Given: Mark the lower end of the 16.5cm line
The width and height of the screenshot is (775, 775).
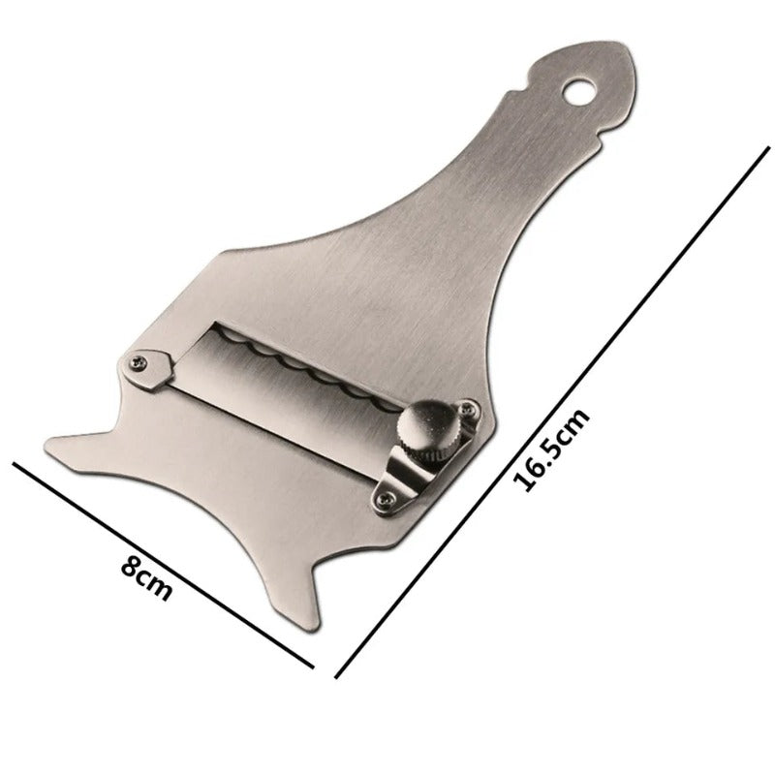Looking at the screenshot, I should coord(336,676).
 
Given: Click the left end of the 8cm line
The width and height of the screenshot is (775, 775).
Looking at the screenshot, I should coord(14,464).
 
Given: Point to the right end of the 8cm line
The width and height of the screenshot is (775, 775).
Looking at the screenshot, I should coord(315,666).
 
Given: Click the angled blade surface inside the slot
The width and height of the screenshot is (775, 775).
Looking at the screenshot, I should coord(291,397).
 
